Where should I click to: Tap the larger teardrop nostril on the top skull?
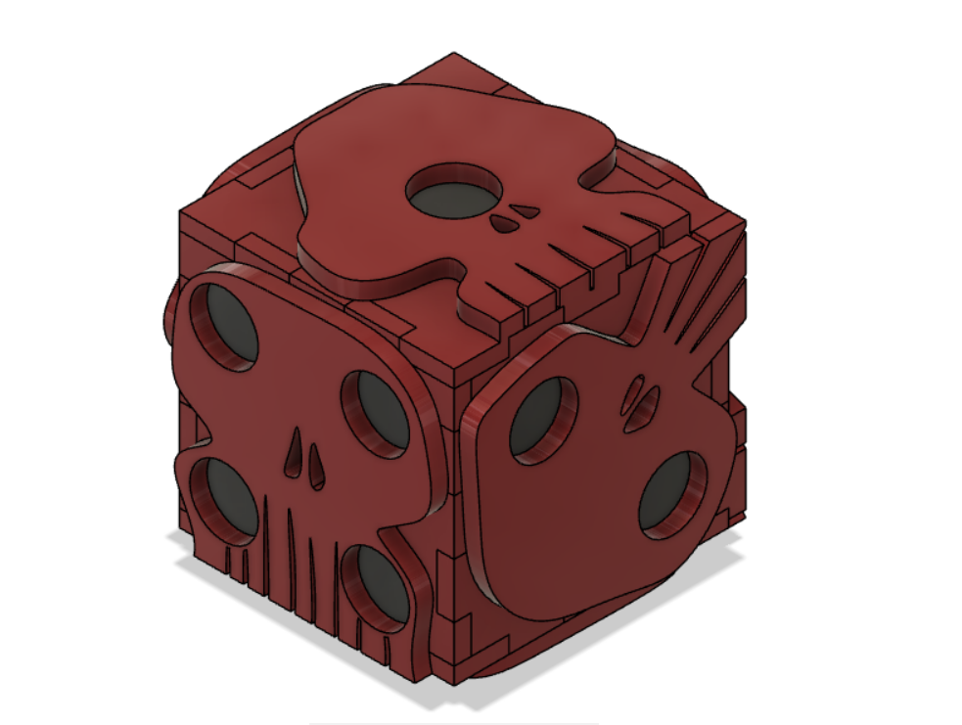pyautogui.click(x=505, y=224)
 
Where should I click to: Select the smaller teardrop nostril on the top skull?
pyautogui.click(x=527, y=210)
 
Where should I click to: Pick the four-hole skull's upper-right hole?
pyautogui.click(x=376, y=412)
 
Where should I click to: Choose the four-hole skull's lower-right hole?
pyautogui.click(x=376, y=584)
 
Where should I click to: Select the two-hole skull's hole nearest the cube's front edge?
pyautogui.click(x=537, y=418)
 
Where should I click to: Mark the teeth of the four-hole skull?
pyautogui.click(x=284, y=567)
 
